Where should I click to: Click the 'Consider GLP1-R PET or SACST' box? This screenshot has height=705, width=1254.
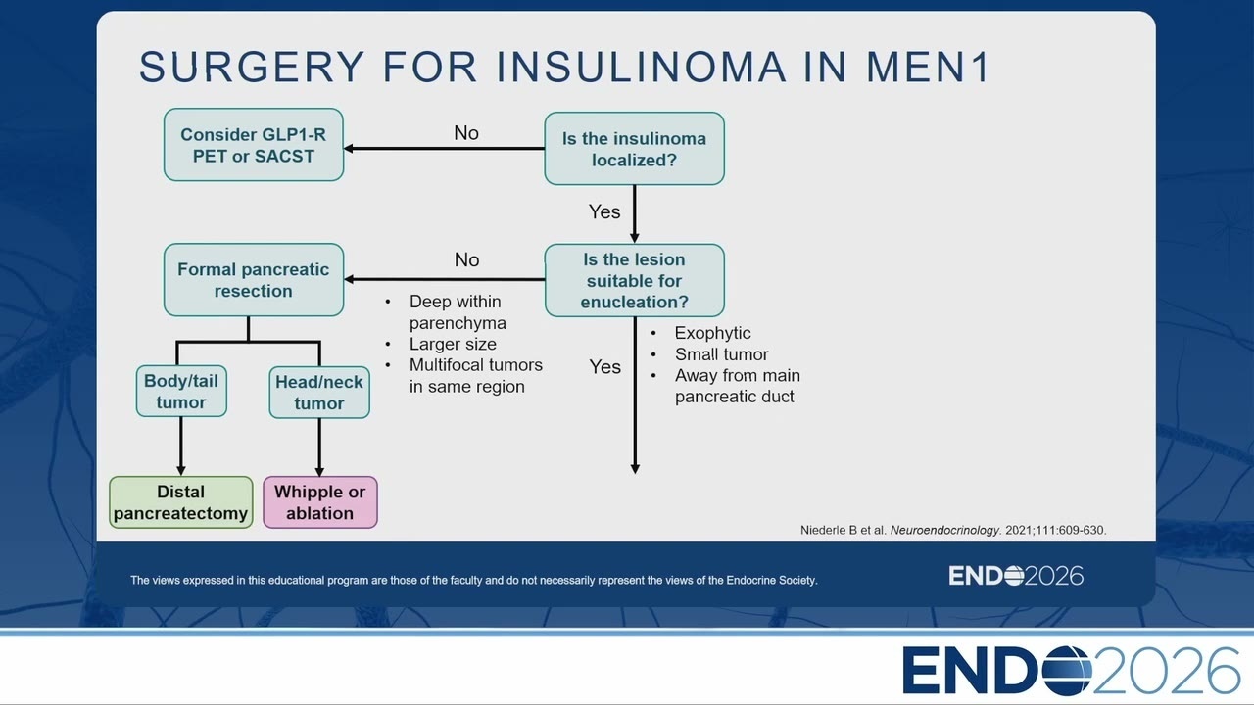254,145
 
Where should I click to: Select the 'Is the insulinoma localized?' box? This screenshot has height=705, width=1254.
634,149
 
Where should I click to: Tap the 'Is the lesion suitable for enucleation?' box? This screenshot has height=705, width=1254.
634,280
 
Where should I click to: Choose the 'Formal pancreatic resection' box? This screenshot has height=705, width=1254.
254,280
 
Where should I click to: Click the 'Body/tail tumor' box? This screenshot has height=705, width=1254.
181,391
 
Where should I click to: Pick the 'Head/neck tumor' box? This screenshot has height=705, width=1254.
319,393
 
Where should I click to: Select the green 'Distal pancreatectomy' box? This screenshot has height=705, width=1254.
181,502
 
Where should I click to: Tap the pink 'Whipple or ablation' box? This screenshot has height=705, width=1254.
320,502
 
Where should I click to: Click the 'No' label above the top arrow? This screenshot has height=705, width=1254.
466,133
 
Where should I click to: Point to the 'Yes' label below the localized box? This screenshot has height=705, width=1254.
604,212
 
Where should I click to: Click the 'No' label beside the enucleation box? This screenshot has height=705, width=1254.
467,259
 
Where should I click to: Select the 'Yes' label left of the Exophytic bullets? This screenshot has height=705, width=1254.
605,367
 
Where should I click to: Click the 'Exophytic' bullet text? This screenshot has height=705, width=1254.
712,334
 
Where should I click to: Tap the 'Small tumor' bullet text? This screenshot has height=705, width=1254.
722,354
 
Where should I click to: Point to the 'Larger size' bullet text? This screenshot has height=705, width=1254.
453,344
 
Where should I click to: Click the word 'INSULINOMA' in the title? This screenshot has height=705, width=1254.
642,68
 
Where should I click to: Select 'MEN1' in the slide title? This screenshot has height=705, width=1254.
929,68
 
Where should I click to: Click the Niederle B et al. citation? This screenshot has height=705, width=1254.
953,530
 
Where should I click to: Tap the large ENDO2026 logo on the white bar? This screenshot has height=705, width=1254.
1072,671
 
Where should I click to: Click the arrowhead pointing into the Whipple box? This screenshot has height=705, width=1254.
319,471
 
